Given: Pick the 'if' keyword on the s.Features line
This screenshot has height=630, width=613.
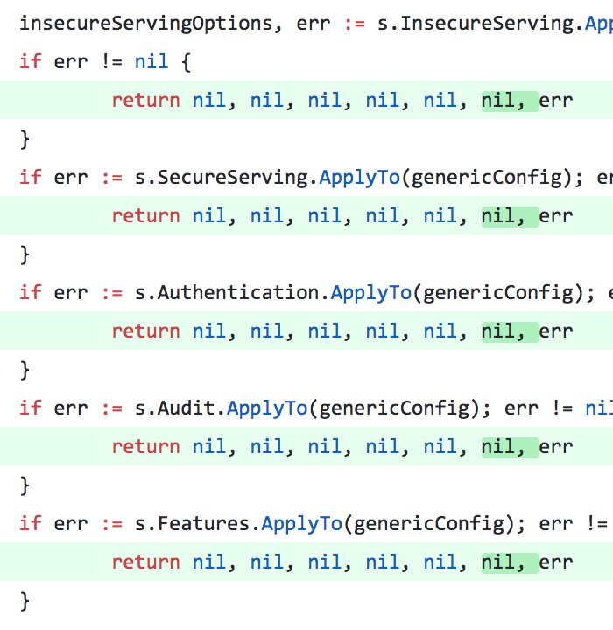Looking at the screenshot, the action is [30, 523].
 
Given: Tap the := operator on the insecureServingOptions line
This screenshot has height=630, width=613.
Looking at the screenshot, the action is [354, 23].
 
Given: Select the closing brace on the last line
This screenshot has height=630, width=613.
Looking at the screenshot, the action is [25, 600].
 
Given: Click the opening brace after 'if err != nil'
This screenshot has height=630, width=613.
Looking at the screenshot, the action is [186, 62].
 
